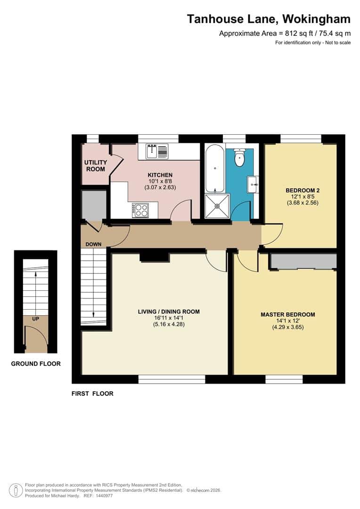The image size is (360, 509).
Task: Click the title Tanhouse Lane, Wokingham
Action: pos(269,19)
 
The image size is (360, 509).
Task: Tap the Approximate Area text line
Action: pos(285,33)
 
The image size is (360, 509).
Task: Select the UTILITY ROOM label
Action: pos(95,165)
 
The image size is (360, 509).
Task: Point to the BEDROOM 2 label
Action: pos(300,190)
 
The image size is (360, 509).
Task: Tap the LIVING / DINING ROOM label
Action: pos(169,312)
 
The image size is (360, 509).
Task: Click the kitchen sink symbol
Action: pos(156,151)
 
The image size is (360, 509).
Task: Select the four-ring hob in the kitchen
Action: pos(140,210)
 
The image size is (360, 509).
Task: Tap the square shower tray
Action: pos(217,206)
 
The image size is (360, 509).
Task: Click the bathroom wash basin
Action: pos(252,183)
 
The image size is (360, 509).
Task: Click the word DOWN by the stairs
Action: pos(94,244)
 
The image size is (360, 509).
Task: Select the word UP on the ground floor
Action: pos(35,319)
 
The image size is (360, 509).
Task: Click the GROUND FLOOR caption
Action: pos(36,363)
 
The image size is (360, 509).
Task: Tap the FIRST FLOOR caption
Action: pos(92,393)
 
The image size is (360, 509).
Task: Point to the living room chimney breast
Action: pos(155,256)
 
